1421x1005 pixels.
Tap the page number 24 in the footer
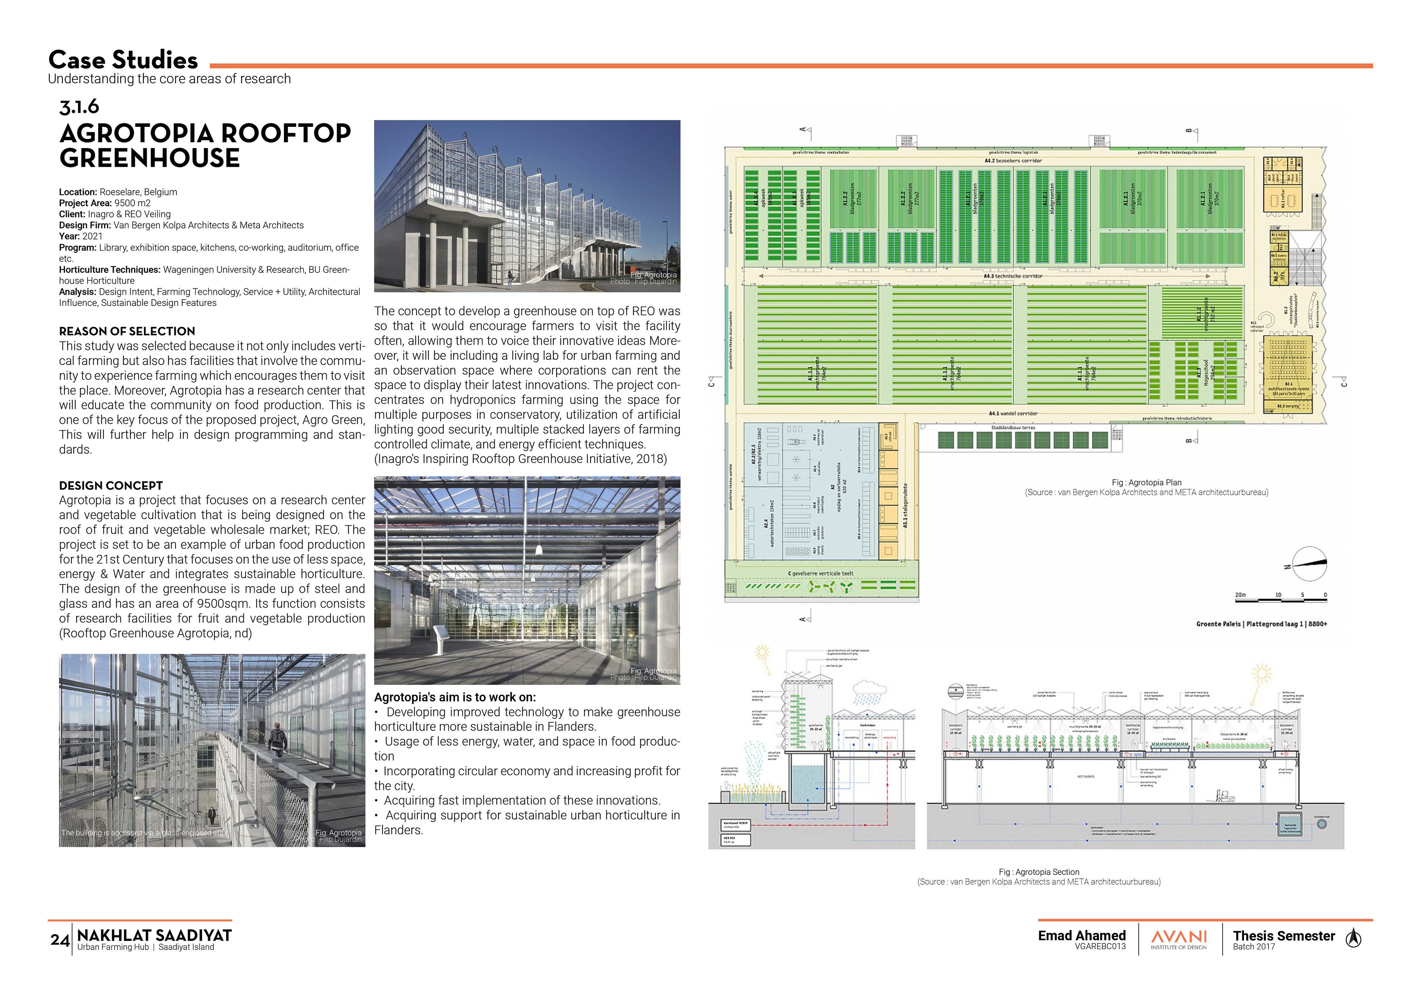pos(59,940)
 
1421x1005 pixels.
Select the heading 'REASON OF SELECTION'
pos(127,331)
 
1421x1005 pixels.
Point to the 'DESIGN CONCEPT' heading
pos(111,486)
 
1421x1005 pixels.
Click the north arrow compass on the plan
pos(1308,563)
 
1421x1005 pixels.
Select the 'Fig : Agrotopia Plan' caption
pos(1146,482)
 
